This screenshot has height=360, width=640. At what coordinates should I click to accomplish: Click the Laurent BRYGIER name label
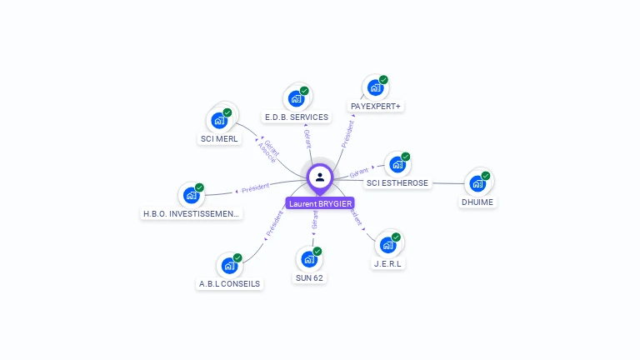320,203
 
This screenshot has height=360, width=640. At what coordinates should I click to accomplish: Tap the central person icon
320,177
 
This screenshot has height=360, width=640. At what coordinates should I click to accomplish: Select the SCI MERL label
219,138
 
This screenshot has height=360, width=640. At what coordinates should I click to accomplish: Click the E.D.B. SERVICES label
296,117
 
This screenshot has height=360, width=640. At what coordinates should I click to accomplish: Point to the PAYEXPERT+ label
376,107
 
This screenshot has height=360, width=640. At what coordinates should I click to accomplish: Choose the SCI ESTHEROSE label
397,183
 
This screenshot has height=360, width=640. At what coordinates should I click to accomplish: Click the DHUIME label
477,202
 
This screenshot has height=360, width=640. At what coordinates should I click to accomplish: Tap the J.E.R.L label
387,263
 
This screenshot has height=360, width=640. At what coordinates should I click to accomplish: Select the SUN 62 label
309,277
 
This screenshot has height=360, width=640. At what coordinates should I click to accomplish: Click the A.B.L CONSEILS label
229,283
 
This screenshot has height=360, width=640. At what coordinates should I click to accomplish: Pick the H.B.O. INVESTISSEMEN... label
192,214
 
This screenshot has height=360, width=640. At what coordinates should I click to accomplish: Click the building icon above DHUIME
477,182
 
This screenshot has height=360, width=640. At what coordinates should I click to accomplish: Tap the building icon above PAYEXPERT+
375,87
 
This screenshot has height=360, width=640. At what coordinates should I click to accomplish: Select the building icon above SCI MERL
219,120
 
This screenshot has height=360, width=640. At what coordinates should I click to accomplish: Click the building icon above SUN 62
308,259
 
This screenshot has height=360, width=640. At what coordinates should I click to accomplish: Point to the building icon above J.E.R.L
387,245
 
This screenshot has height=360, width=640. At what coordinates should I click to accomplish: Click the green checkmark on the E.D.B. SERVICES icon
304,91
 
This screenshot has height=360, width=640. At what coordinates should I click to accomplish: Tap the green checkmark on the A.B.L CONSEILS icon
237,257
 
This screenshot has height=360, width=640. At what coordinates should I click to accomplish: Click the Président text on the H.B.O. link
256,187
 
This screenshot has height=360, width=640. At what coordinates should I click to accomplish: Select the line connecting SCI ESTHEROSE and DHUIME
445,183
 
